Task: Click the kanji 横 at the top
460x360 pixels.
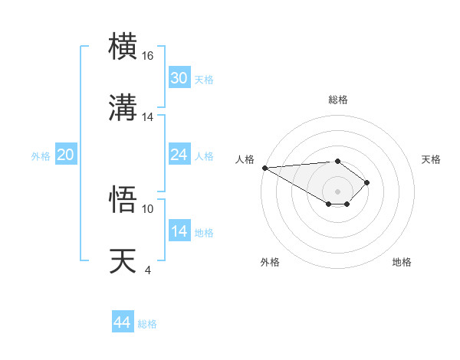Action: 123,47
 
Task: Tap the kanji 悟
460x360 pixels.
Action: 123,200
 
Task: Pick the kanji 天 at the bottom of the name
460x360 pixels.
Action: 123,260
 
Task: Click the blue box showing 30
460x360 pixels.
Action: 179,78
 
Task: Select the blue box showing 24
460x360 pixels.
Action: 179,155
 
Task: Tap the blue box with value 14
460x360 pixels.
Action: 179,231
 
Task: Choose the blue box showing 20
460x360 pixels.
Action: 65,155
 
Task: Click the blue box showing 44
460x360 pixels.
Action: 123,322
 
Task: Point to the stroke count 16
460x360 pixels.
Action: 148,56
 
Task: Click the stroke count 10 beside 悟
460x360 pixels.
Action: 148,208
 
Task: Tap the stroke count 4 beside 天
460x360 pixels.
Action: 147,270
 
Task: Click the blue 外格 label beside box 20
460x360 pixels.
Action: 41,156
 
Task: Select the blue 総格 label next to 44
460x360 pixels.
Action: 147,324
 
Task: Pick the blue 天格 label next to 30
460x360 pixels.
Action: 204,80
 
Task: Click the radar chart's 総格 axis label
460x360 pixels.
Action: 337,100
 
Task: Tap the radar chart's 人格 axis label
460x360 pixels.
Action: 245,159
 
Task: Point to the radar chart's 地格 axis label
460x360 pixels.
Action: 402,262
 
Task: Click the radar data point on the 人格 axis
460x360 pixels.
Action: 264,168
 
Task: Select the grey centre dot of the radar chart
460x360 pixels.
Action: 337,191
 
